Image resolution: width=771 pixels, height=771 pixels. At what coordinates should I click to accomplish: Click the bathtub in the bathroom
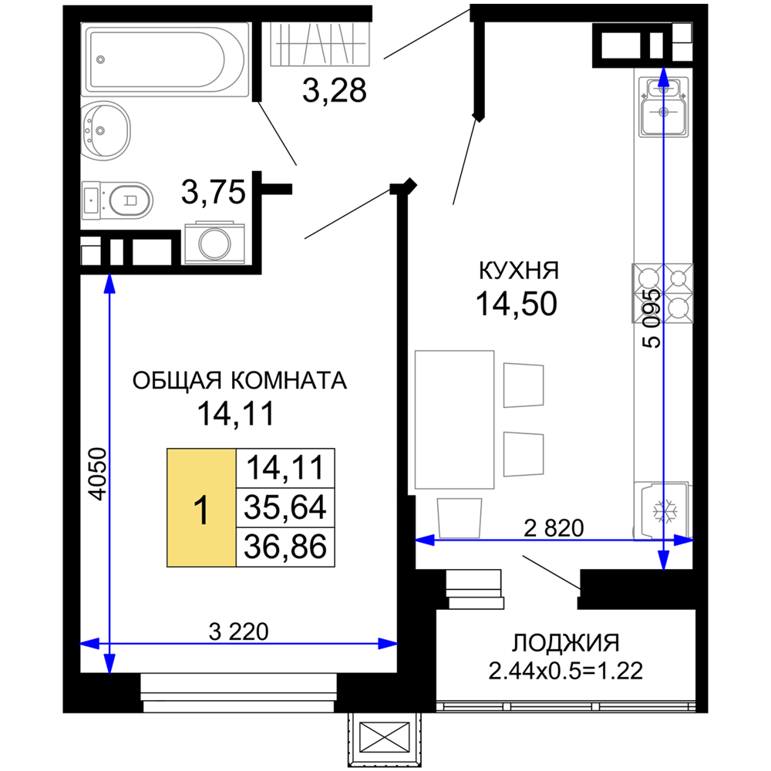click(x=165, y=59)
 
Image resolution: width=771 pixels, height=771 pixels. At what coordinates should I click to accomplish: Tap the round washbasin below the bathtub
click(x=105, y=131)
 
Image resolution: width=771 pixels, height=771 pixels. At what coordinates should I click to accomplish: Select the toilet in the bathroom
click(x=117, y=200)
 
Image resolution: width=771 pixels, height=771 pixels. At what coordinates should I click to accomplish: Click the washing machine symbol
click(x=214, y=243)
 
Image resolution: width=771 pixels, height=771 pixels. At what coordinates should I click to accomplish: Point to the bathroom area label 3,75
click(x=213, y=192)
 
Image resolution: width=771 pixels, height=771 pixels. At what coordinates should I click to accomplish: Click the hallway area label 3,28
click(x=335, y=90)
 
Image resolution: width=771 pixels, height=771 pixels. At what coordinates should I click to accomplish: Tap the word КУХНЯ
click(x=519, y=271)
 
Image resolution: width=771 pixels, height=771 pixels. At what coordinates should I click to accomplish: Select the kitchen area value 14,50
click(x=517, y=303)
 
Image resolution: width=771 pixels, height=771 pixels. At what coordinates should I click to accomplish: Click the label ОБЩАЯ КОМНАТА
click(x=240, y=381)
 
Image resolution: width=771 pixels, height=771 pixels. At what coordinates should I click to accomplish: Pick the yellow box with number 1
click(x=201, y=507)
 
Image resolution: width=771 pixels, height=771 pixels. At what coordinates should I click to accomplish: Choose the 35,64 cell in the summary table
click(x=285, y=507)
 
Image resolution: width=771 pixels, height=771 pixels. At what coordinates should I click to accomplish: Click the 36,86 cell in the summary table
click(x=285, y=547)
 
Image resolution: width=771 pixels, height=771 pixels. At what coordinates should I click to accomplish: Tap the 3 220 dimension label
click(x=238, y=632)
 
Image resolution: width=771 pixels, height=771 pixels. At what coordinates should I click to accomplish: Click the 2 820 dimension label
click(x=554, y=528)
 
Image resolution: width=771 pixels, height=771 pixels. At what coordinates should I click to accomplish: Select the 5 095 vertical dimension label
click(x=652, y=319)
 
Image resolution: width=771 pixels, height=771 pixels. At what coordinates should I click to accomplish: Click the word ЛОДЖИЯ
click(x=565, y=643)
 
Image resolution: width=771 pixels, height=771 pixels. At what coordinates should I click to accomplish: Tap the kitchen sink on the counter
click(x=663, y=107)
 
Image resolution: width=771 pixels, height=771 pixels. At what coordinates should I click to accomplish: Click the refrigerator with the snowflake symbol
click(x=662, y=511)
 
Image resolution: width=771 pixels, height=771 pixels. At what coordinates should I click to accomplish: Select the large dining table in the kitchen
click(x=454, y=419)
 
